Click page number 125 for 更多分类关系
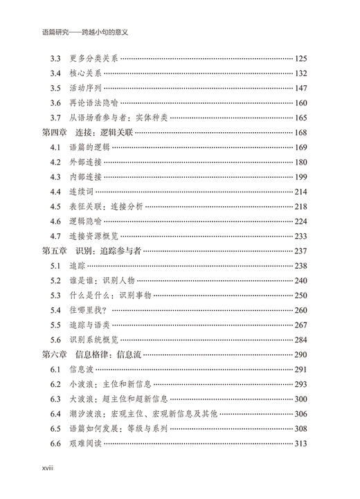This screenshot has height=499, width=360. (305, 58)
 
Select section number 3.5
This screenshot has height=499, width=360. (56, 88)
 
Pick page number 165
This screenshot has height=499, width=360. (305, 118)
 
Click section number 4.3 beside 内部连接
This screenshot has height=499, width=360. (56, 177)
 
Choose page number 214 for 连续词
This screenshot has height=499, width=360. (305, 192)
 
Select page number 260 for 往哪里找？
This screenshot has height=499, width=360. (305, 310)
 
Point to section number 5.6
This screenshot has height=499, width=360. (56, 340)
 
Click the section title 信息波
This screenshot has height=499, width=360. (81, 370)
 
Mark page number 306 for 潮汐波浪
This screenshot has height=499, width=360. (305, 414)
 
